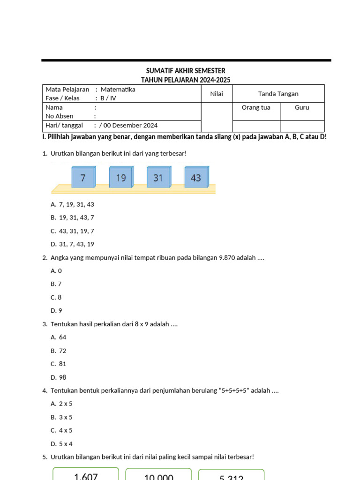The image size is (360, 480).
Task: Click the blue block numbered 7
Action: click(83, 178)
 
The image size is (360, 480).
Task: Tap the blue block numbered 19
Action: click(121, 178)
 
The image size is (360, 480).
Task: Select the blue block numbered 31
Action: click(158, 178)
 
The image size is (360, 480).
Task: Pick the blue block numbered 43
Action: click(196, 178)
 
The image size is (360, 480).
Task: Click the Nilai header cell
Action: click(217, 94)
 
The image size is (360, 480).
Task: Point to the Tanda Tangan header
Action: click(278, 94)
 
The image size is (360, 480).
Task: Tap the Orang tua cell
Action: click(256, 107)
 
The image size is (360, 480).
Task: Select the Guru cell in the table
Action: click(302, 107)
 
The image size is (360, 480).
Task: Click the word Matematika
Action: click(118, 89)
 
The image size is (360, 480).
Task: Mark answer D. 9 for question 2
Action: click(56, 310)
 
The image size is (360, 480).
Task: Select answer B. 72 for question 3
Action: click(59, 351)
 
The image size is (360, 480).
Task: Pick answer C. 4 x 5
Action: click(61, 430)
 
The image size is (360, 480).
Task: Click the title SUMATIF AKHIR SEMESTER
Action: click(186, 71)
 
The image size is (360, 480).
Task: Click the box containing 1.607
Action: click(86, 474)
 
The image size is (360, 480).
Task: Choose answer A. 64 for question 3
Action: click(59, 337)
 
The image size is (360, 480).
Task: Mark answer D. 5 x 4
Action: click(61, 443)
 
